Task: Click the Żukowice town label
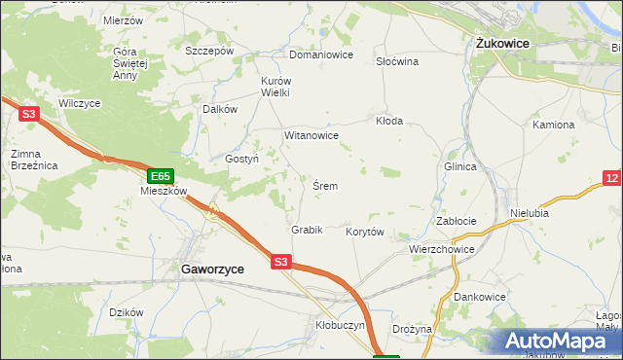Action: click(501, 43)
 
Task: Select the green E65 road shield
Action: click(161, 176)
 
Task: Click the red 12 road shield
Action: click(611, 178)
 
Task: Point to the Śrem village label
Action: click(325, 185)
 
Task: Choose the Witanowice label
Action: click(311, 135)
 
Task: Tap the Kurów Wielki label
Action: click(275, 87)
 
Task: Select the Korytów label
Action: click(366, 232)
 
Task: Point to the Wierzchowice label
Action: click(442, 249)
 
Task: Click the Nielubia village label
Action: click(531, 211)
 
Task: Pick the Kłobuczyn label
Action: click(339, 326)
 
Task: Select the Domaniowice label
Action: click(320, 54)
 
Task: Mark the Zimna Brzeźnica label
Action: click(34, 160)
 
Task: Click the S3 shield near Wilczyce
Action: click(28, 114)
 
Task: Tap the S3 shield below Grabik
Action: click(280, 261)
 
